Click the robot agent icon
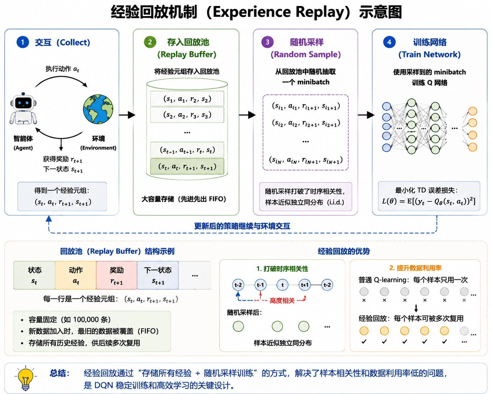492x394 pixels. point(23,109)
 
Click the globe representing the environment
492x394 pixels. point(98,109)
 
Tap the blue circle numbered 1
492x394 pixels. point(22,42)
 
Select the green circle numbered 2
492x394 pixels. point(150,42)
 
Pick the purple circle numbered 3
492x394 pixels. point(267,42)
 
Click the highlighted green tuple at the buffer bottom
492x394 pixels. point(187,166)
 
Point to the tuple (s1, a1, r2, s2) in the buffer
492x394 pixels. point(187,99)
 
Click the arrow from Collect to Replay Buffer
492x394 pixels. point(127,114)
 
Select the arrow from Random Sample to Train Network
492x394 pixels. point(366,114)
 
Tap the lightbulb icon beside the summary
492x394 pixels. point(25,379)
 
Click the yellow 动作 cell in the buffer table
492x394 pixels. point(76,275)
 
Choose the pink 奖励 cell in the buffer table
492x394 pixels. point(117,275)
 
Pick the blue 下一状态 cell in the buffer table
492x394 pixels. point(158,275)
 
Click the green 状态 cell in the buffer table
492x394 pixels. point(34,275)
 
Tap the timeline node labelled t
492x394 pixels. point(282,285)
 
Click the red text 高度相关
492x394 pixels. point(282,301)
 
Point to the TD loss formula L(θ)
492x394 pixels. point(429,202)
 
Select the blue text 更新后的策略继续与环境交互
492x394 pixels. point(242,226)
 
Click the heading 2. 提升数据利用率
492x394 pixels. point(415,268)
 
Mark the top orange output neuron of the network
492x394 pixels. point(473,111)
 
